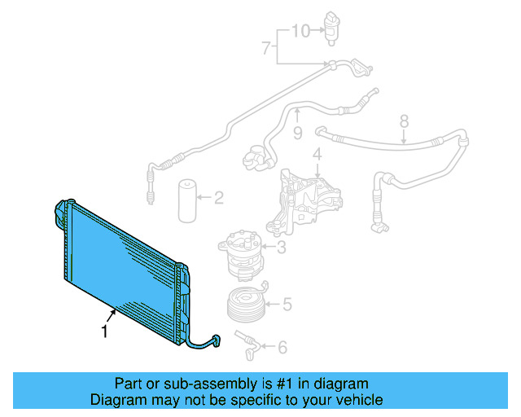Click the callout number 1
tap(103, 331)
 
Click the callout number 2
tap(218, 196)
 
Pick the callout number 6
tap(282, 348)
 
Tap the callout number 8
tap(403, 122)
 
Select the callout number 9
tap(297, 130)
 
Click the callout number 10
tap(300, 31)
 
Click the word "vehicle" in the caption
tap(359, 400)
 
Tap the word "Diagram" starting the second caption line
tap(114, 400)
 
